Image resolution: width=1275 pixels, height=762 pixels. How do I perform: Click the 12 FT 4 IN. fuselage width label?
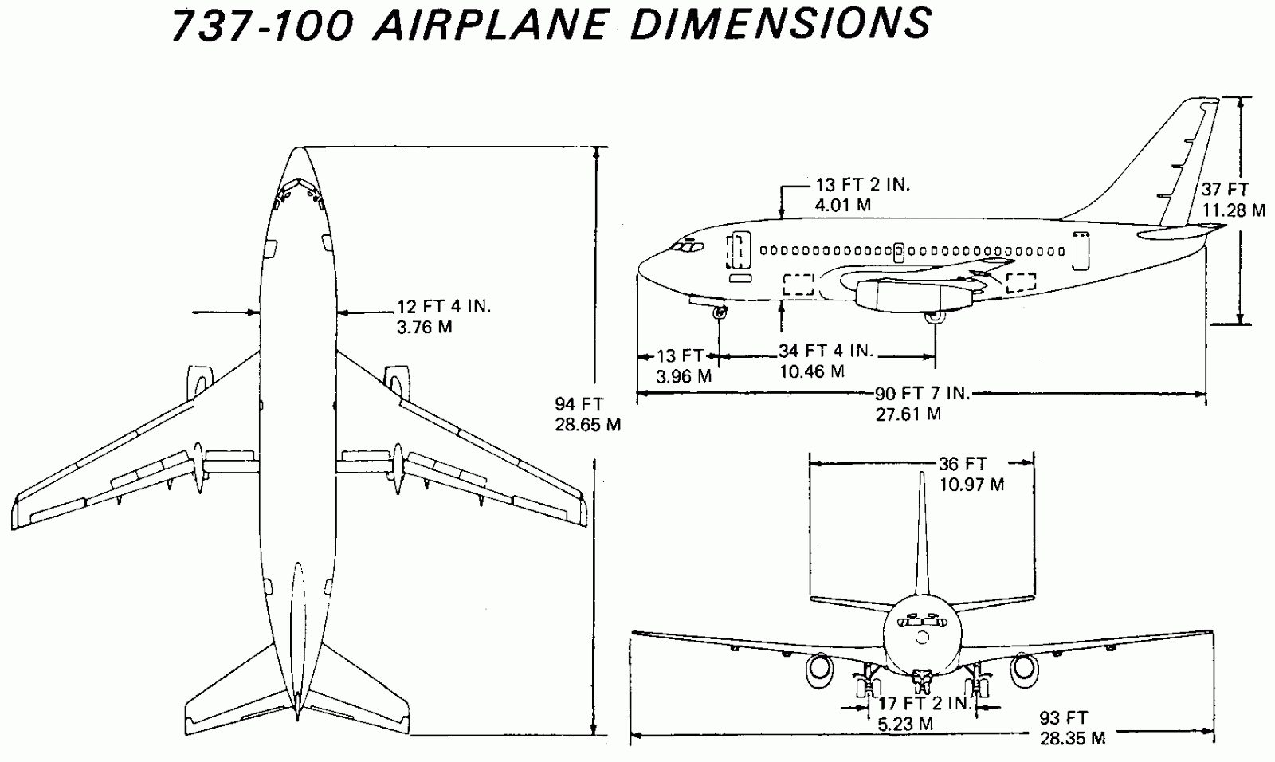point(444,306)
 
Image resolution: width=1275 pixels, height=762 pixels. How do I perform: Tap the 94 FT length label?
point(579,404)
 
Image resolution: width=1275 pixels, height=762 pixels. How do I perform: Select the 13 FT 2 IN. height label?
point(862,185)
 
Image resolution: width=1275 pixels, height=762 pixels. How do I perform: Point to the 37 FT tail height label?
point(1226,190)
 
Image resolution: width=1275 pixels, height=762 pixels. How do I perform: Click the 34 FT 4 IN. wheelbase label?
point(826,351)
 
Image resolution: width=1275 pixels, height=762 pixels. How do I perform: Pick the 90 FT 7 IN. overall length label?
point(922,394)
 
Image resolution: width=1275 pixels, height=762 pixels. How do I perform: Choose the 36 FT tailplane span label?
point(963,464)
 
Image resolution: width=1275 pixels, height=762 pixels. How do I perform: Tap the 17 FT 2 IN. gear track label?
point(924,704)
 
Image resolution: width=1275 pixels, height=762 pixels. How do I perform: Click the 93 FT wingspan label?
point(1064,717)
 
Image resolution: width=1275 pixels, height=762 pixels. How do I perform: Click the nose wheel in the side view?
point(720,314)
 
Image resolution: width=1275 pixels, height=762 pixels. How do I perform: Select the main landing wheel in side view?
point(934,318)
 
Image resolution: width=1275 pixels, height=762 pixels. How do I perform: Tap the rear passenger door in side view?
point(1081,250)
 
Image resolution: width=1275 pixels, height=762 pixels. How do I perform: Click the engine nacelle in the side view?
point(912,297)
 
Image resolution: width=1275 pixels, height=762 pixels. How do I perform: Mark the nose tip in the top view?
point(299,149)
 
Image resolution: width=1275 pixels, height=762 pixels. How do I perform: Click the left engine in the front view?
point(818,670)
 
